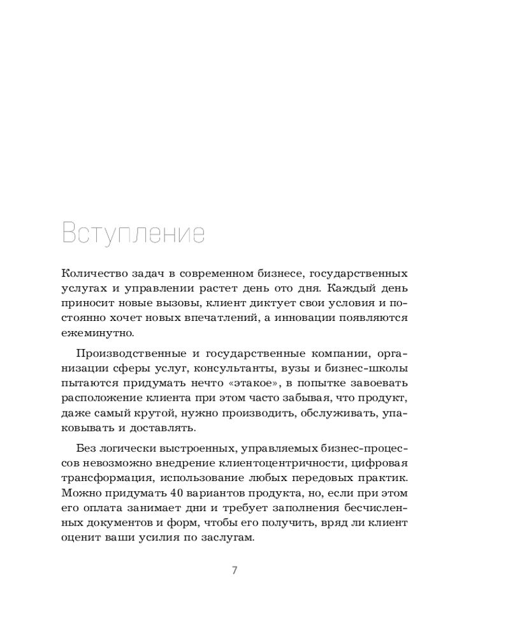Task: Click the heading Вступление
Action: pos(133,234)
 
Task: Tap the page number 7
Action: pos(235,570)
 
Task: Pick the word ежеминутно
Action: pos(98,332)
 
